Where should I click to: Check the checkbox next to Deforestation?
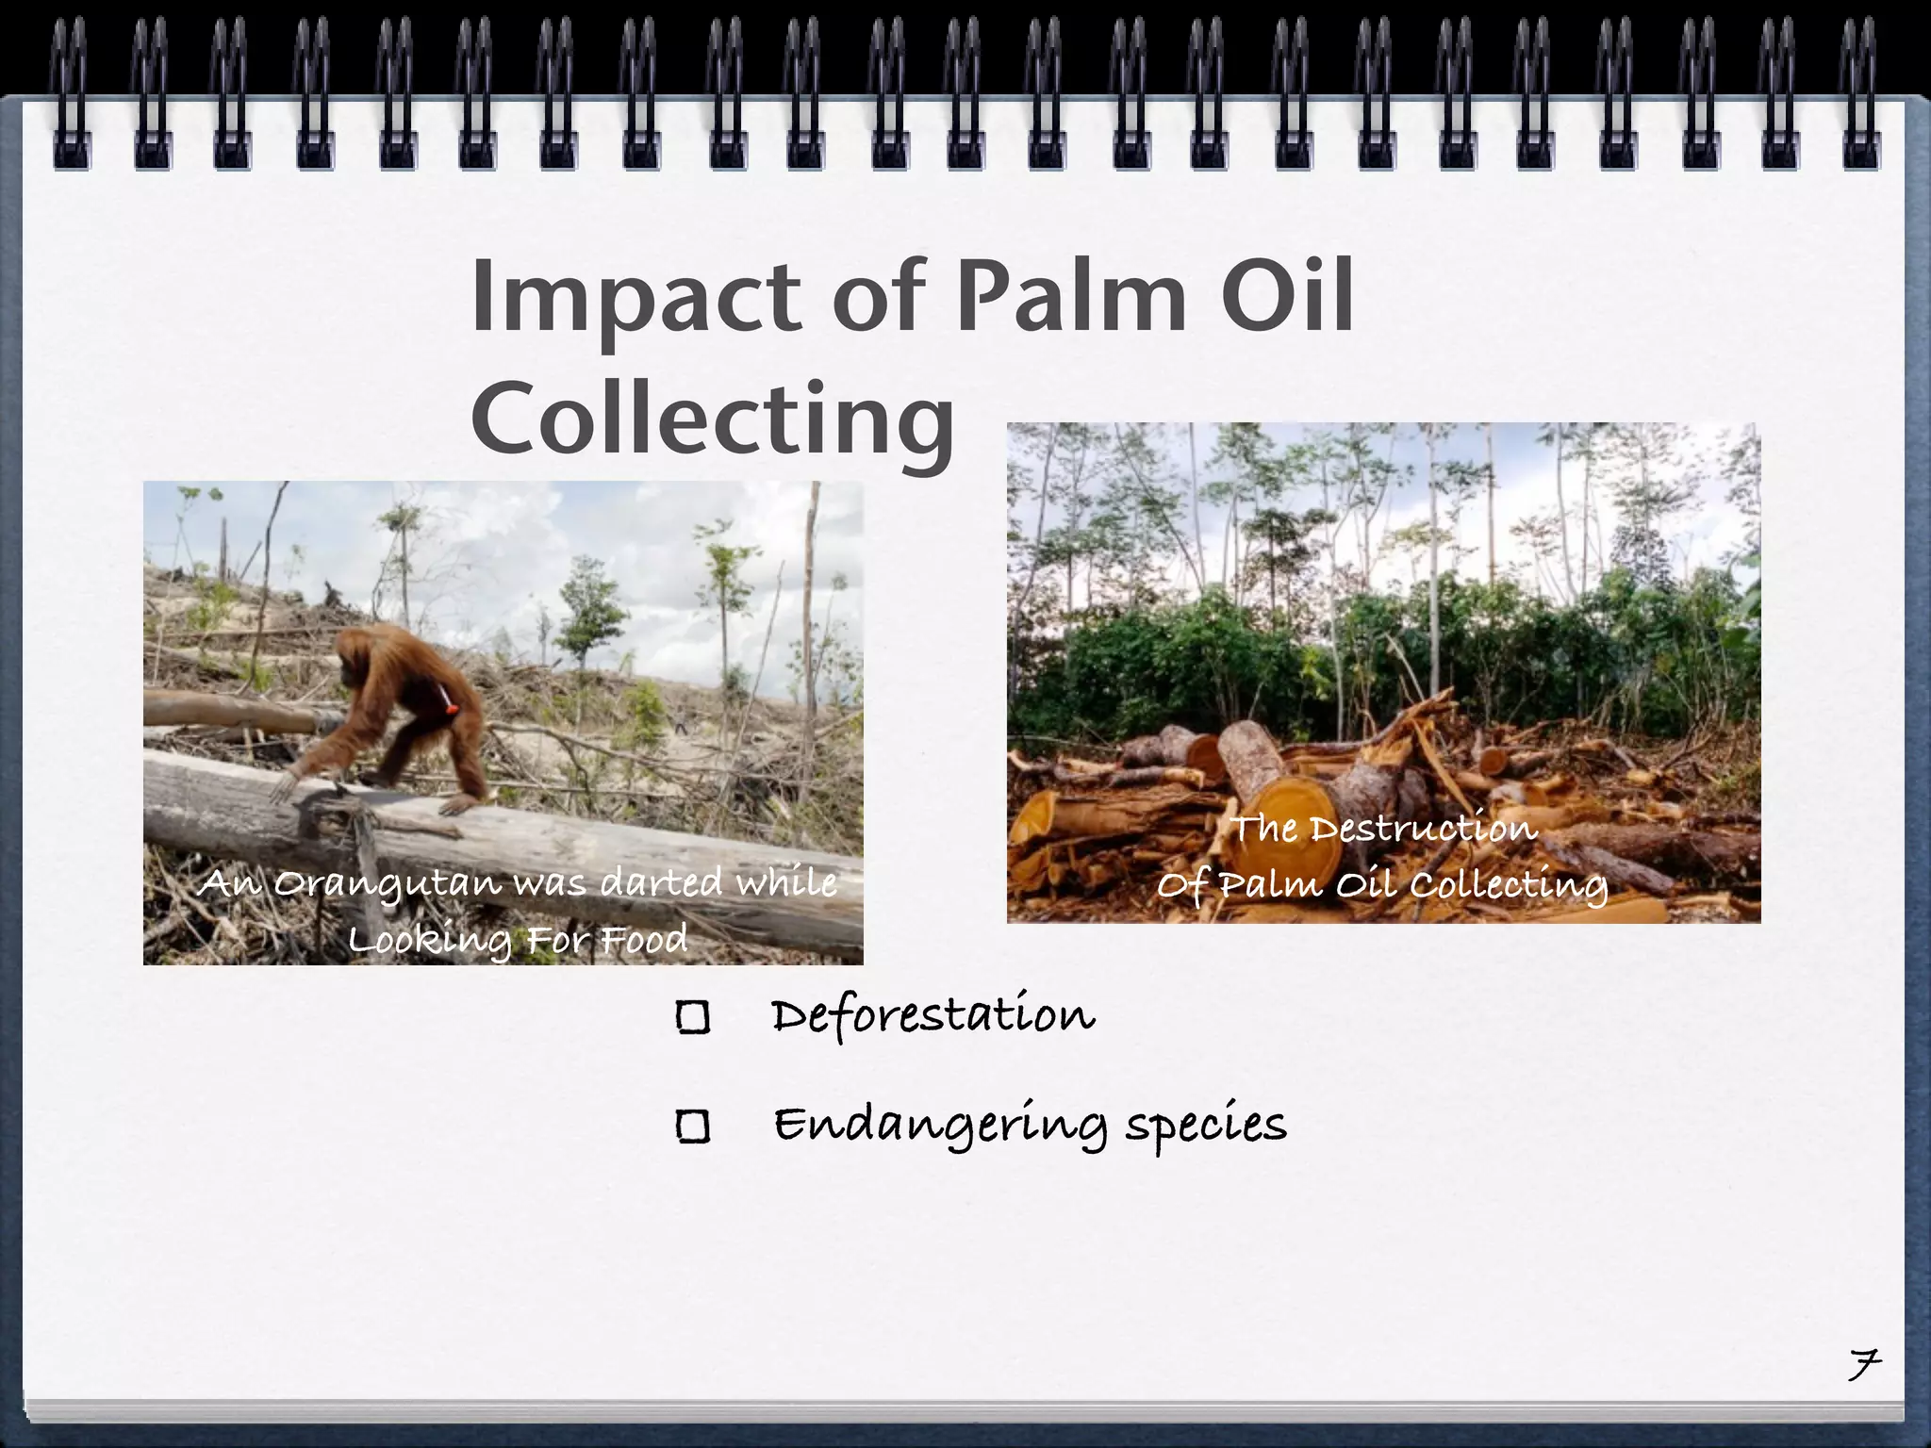(693, 1017)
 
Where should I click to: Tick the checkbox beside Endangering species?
(693, 1127)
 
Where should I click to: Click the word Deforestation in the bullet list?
(933, 1016)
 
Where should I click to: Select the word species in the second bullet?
(1206, 1124)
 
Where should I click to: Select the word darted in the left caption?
(662, 882)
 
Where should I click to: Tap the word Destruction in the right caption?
(1424, 829)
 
